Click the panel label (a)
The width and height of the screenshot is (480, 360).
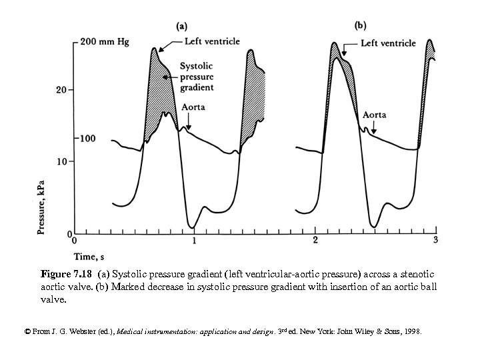[181, 26]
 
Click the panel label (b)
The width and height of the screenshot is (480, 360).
[360, 25]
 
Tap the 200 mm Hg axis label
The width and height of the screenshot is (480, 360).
[105, 43]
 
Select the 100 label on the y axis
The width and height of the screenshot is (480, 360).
[89, 138]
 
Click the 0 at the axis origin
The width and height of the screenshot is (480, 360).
[74, 240]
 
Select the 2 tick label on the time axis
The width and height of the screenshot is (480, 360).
[315, 240]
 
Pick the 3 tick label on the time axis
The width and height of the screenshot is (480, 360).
[435, 240]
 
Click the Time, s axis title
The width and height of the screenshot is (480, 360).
[89, 256]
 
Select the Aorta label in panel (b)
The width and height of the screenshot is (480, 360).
[374, 115]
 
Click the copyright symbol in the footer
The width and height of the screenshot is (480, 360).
[27, 331]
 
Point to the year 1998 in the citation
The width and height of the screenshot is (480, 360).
[410, 331]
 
